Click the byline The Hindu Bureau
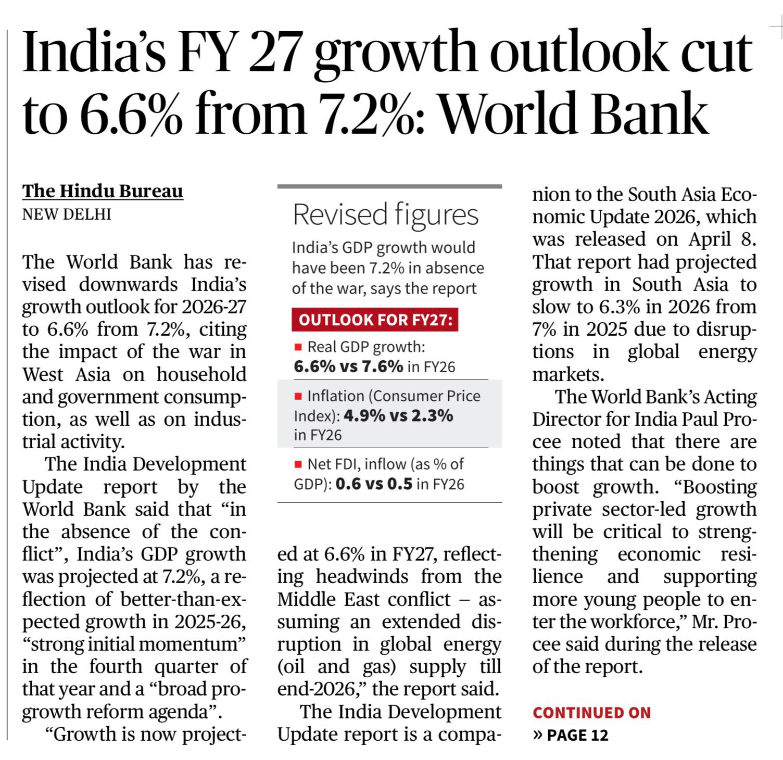coord(103,191)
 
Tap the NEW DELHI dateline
coord(67,214)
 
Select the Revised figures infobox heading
coord(385,214)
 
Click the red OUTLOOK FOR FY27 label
coord(375,320)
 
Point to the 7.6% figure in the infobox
coord(383,366)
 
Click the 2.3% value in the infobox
coord(432,416)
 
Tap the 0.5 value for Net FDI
coord(400,484)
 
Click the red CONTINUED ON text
coord(591,713)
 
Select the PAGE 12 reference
coord(577,735)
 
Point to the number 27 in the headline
coord(274,53)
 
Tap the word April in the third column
coord(711,239)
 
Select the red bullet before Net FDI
coord(298,464)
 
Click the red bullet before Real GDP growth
coord(298,347)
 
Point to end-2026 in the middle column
coord(315,689)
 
